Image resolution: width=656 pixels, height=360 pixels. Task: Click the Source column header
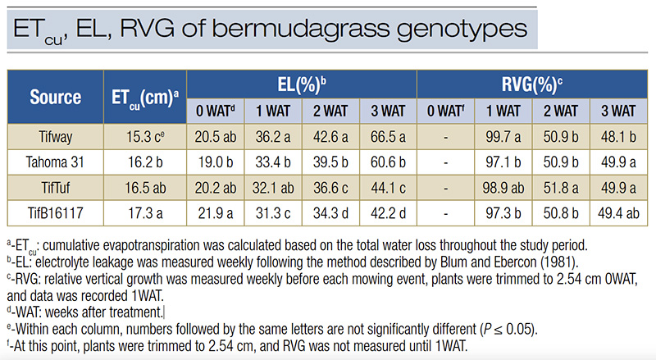[x=55, y=97]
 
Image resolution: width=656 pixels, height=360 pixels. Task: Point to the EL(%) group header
[x=300, y=84]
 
